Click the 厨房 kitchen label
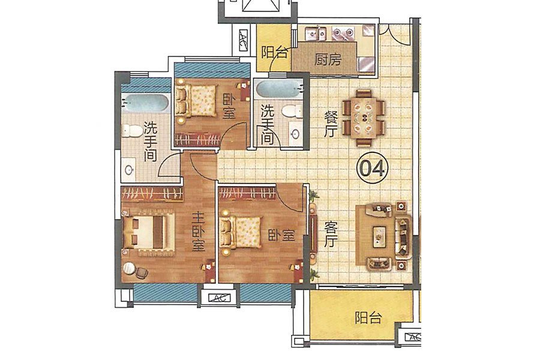pyautogui.click(x=328, y=59)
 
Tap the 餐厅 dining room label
pyautogui.click(x=330, y=124)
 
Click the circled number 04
pyautogui.click(x=372, y=169)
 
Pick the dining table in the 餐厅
pyautogui.click(x=364, y=118)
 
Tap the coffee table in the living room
pyautogui.click(x=379, y=236)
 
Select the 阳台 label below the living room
pyautogui.click(x=368, y=317)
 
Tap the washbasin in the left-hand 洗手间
pyautogui.click(x=129, y=169)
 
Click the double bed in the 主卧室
pyautogui.click(x=148, y=232)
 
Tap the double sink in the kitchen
pyautogui.click(x=317, y=33)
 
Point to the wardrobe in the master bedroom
pyautogui.click(x=152, y=194)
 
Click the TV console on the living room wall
pyautogui.click(x=313, y=233)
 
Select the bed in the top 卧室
pyautogui.click(x=196, y=101)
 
